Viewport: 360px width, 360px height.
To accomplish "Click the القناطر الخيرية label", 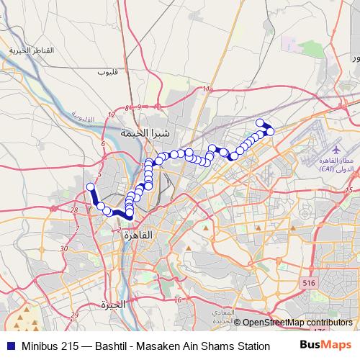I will pyautogui.click(x=32, y=51).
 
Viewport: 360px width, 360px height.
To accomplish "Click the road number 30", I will pyautogui.click(x=64, y=248).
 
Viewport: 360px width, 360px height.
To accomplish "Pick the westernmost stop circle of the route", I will pyautogui.click(x=91, y=187).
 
